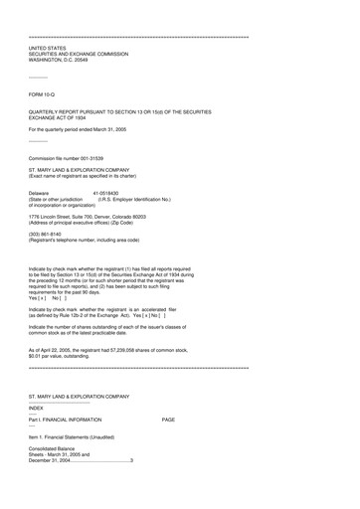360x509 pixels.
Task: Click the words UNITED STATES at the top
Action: click(x=47, y=48)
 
